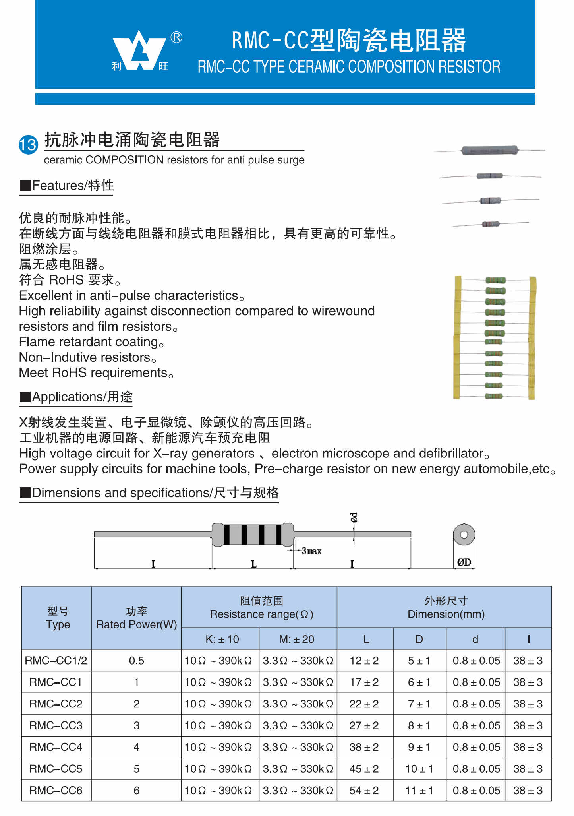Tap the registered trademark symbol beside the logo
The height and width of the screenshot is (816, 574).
176,37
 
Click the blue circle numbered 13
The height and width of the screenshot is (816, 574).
28,144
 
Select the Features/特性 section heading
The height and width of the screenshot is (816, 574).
67,186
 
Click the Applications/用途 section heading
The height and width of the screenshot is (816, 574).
76,397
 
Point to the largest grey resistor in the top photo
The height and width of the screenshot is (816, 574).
489,150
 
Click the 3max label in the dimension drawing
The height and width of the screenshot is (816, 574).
311,551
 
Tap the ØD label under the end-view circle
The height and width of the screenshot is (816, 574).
464,562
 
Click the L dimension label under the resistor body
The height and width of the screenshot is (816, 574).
253,564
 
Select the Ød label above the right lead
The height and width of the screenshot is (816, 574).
354,517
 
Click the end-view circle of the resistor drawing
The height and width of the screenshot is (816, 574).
464,535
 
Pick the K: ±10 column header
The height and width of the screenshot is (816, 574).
222,639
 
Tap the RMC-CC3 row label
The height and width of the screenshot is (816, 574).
56,725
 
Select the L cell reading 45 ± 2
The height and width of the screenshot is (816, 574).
364,769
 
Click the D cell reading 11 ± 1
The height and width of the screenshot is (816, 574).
419,790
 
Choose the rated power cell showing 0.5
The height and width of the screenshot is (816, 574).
136,661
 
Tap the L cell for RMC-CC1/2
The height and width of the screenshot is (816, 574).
364,661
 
